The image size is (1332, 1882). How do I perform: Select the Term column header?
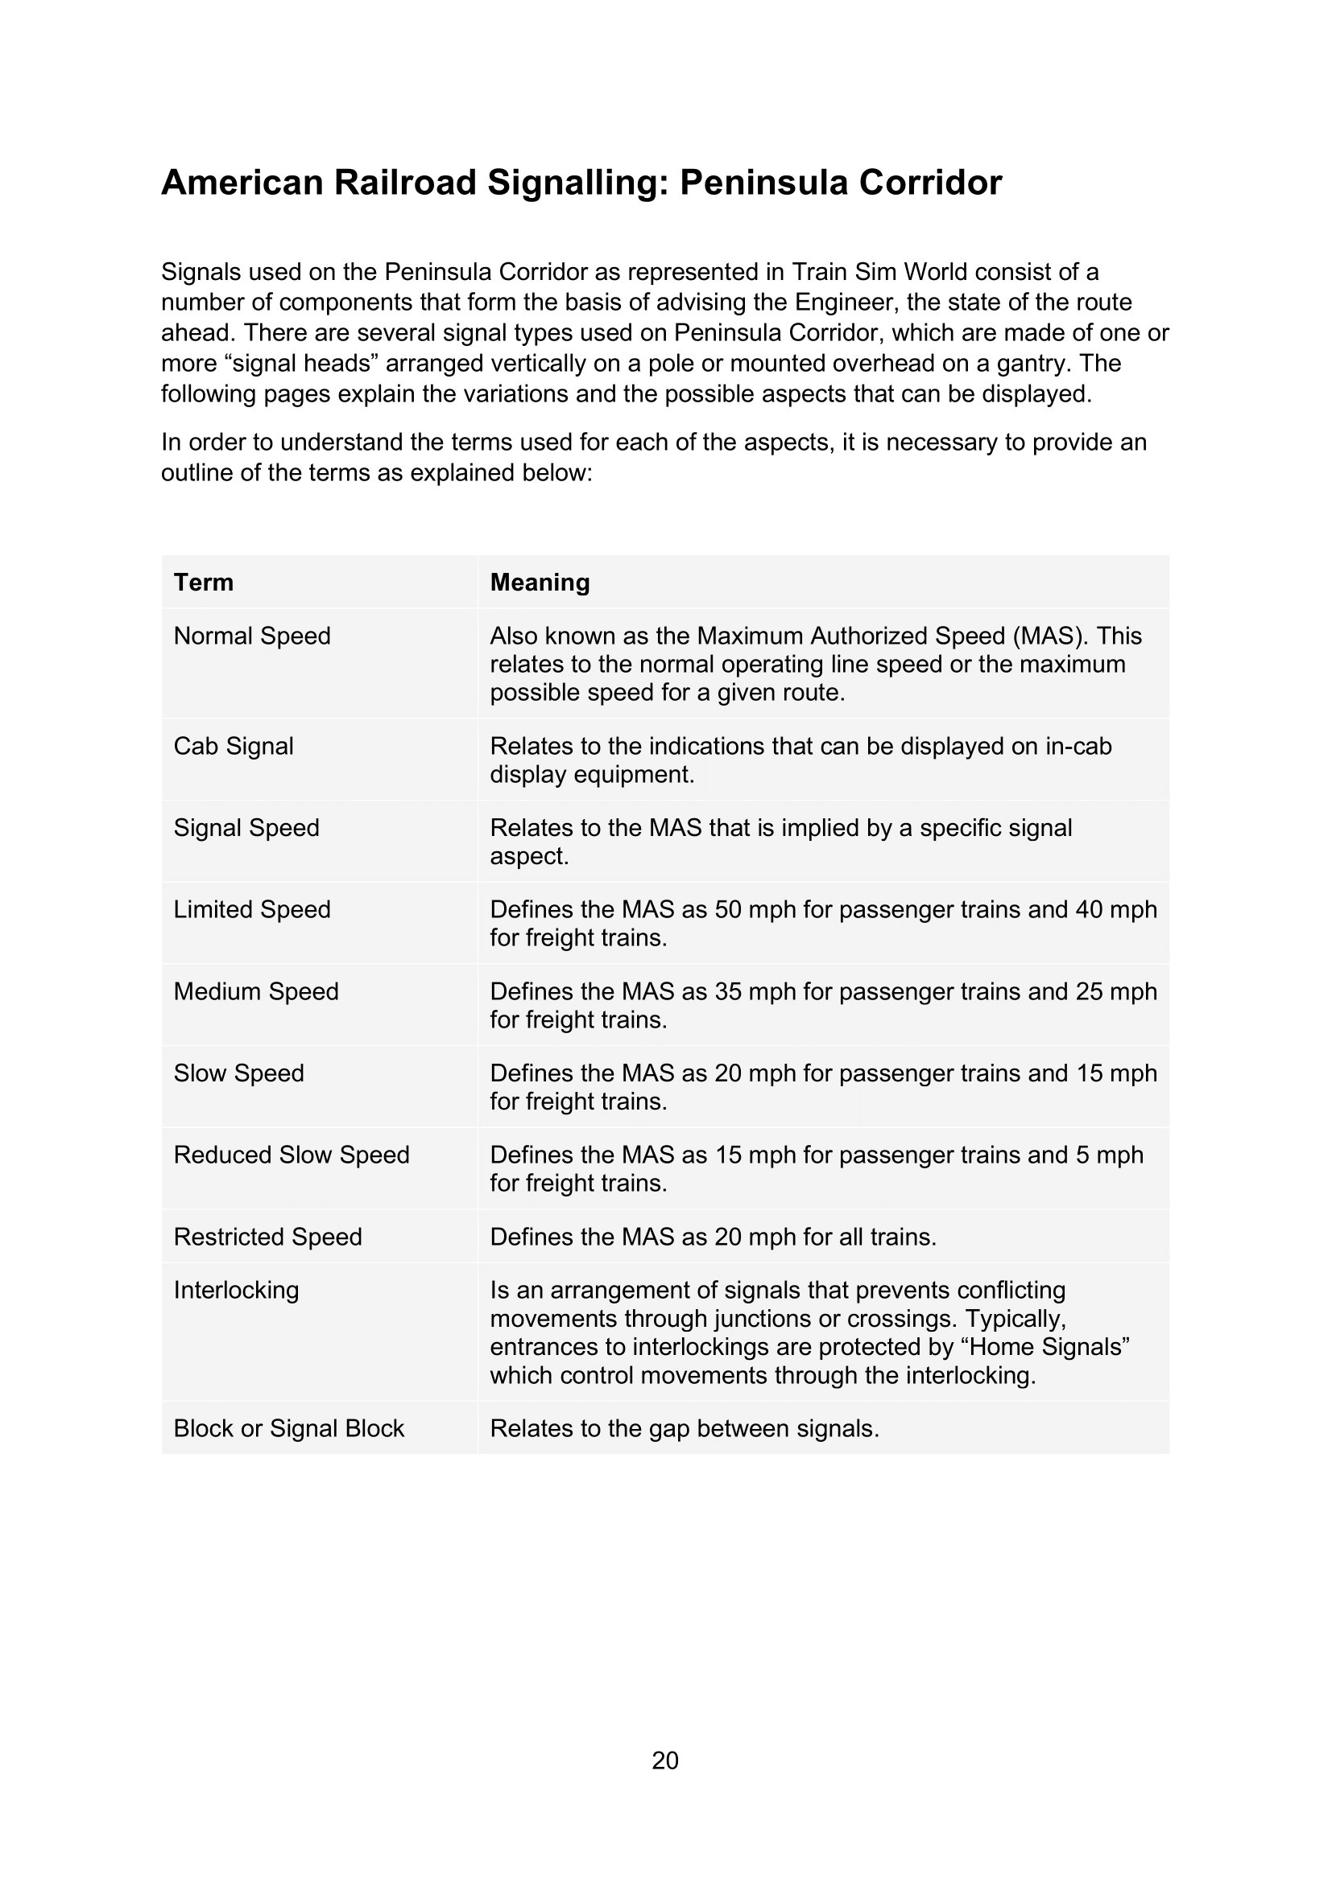(x=204, y=582)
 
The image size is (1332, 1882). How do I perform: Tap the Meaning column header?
(x=540, y=582)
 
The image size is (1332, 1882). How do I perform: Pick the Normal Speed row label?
(x=252, y=636)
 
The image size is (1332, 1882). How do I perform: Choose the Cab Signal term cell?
(x=233, y=746)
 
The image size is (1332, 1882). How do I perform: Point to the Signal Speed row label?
(x=246, y=827)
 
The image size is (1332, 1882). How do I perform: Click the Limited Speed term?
(x=252, y=909)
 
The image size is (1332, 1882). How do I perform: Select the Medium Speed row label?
(x=256, y=991)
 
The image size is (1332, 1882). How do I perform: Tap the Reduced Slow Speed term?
(x=292, y=1154)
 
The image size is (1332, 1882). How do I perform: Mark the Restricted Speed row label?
(x=267, y=1236)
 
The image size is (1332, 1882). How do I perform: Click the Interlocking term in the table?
(x=236, y=1289)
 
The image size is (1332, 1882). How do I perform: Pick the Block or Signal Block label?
(x=289, y=1428)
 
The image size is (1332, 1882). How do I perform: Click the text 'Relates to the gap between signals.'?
(x=684, y=1428)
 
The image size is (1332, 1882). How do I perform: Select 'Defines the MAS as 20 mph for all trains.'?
(x=713, y=1236)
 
